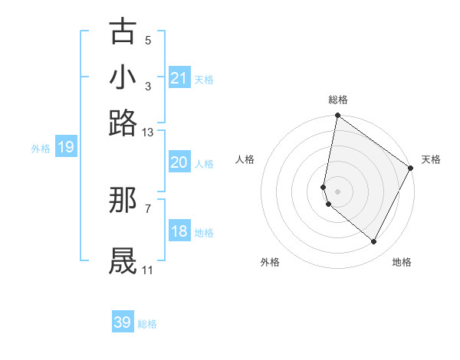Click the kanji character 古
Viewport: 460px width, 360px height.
pos(123,32)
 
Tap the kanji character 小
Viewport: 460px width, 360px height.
pos(123,77)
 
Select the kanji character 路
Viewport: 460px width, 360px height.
pos(123,123)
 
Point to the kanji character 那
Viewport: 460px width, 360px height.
pos(123,201)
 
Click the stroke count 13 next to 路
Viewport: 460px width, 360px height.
pos(148,133)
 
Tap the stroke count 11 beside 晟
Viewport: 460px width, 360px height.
pos(148,270)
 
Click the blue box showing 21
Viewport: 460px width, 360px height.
pos(179,78)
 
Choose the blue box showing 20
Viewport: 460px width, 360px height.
pos(179,162)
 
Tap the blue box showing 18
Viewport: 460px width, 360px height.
pos(179,231)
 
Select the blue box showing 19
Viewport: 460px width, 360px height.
pos(66,147)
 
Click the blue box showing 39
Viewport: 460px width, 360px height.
pos(123,322)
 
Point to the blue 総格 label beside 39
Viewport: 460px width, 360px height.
pos(147,324)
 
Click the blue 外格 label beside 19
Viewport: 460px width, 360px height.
pos(41,149)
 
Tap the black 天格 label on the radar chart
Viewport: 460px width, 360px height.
pos(431,159)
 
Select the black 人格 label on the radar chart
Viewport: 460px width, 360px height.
pos(245,159)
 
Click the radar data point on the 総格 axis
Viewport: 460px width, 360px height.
pos(337,116)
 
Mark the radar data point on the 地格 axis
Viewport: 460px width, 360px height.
pos(374,242)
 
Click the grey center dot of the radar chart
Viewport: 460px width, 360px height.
pos(337,191)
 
